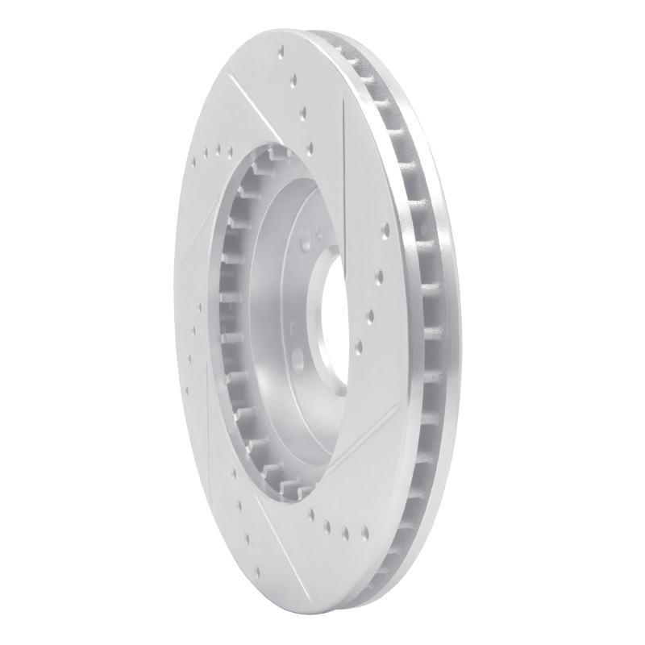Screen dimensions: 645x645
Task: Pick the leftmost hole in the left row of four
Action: click(196, 159)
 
